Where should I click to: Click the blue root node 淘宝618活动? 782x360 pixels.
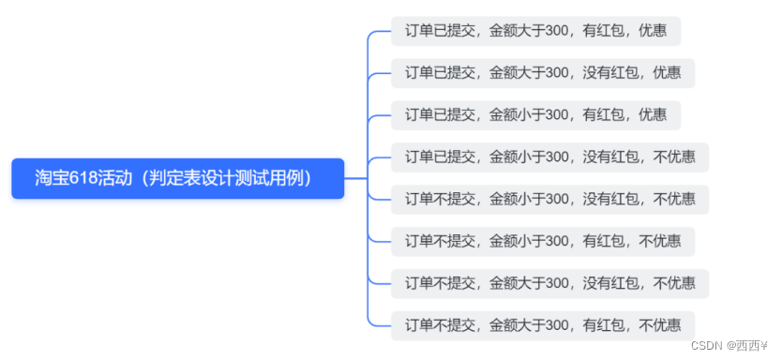coord(177,178)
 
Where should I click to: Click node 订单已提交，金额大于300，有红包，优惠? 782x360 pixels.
coord(535,31)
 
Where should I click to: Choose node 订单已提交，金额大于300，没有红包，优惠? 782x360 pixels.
coord(543,73)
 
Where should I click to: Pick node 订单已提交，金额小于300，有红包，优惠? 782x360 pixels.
coord(535,115)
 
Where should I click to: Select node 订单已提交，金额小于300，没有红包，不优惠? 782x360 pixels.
coord(549,157)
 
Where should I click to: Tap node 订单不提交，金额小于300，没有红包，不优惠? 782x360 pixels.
coord(549,199)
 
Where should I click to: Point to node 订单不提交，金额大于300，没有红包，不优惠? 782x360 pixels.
coord(549,283)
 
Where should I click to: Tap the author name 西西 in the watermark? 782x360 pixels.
coord(747,345)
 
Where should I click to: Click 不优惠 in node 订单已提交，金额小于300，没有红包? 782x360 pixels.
coord(674,157)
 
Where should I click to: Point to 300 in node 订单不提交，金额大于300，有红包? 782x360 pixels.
coord(558,325)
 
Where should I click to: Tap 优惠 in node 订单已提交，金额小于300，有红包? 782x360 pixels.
coord(653,115)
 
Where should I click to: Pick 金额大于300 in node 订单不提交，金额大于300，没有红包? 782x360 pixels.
coord(530,283)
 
